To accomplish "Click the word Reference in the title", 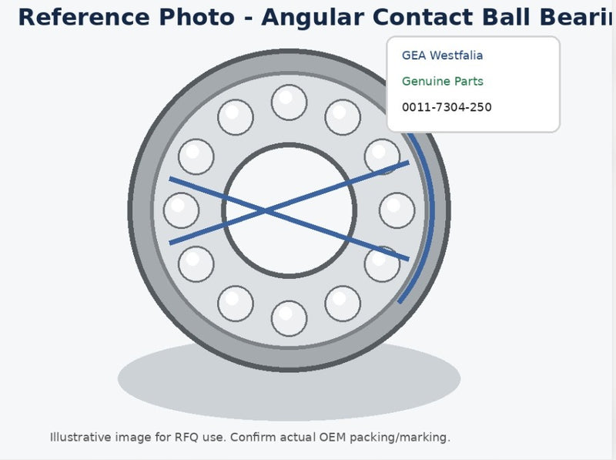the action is click(x=84, y=17).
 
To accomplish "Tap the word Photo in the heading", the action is click(x=196, y=17).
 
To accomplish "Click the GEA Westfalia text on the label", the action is click(x=442, y=55).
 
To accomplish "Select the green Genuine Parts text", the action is click(x=442, y=82).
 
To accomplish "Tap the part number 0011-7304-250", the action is click(x=447, y=107).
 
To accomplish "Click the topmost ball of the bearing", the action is click(x=289, y=102).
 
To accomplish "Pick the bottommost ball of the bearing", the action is click(x=289, y=318).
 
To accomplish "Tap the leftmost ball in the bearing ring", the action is click(x=181, y=210).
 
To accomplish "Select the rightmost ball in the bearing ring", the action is click(x=397, y=210).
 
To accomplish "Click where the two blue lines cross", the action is click(x=267, y=212).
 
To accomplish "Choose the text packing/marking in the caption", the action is click(x=400, y=438).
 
